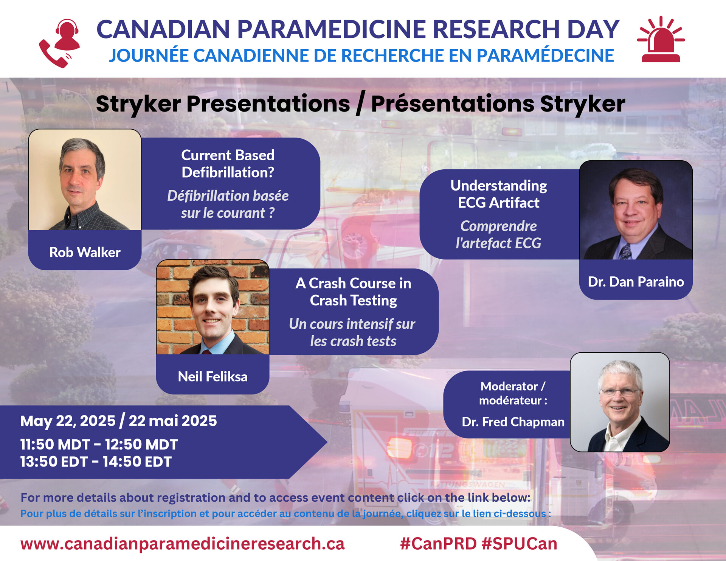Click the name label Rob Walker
[85, 252]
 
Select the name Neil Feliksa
[213, 377]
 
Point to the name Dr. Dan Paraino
[636, 282]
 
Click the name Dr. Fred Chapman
[513, 422]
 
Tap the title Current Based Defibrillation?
[228, 164]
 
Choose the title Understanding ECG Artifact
[499, 194]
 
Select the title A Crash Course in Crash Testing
[353, 292]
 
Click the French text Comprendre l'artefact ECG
[498, 234]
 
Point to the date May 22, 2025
[68, 421]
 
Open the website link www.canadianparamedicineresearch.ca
[182, 544]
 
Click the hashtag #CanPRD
[438, 544]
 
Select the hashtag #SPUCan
[520, 544]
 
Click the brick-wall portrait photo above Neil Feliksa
[213, 307]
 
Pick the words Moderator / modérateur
[513, 393]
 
